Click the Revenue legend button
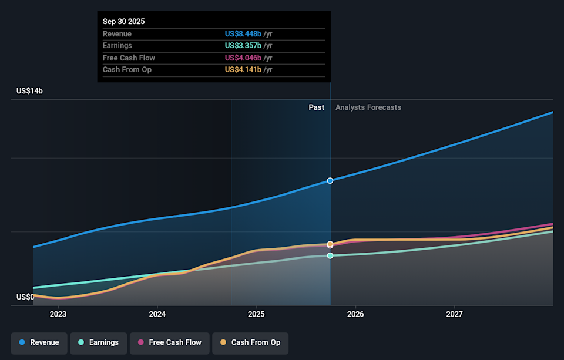(x=39, y=342)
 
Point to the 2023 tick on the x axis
(x=58, y=314)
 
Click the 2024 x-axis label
(x=157, y=314)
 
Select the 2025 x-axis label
(x=256, y=314)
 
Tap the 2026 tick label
(x=355, y=314)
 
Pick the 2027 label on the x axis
(x=454, y=314)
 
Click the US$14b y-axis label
(x=29, y=91)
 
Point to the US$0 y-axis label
(x=25, y=297)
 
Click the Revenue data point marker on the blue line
(x=330, y=180)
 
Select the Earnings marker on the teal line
(x=330, y=255)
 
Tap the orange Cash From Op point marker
(x=330, y=244)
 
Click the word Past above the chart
(x=316, y=107)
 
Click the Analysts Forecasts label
(x=368, y=107)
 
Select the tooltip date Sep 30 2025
(x=123, y=22)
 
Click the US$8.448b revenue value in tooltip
(x=243, y=34)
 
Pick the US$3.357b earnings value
(x=243, y=46)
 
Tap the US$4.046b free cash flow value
(x=243, y=58)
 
